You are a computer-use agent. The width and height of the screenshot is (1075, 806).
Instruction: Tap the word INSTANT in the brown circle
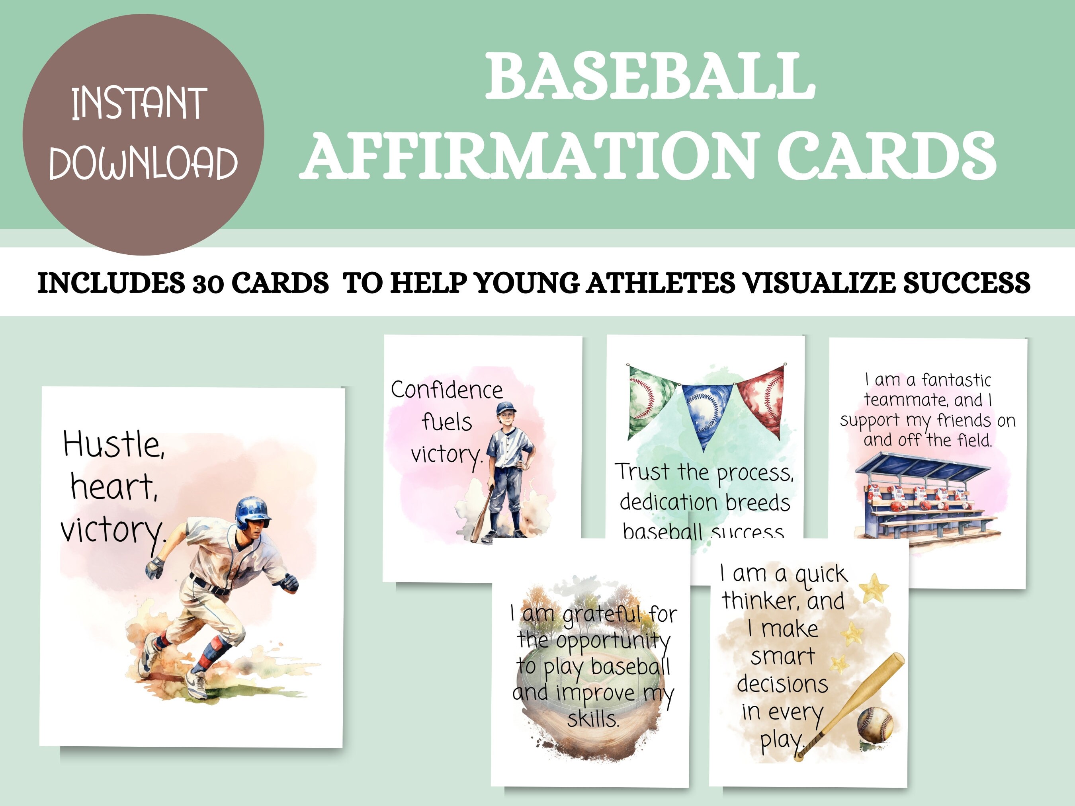[x=139, y=103]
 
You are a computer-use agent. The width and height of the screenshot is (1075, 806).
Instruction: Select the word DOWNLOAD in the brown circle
[x=143, y=163]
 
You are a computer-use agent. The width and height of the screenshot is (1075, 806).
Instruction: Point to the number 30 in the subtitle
[x=207, y=283]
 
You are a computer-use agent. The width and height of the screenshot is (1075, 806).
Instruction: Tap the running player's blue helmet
[x=252, y=511]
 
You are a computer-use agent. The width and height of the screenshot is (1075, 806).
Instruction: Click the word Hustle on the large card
[x=114, y=444]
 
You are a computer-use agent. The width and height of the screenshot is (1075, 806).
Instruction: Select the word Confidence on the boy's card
[x=447, y=390]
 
